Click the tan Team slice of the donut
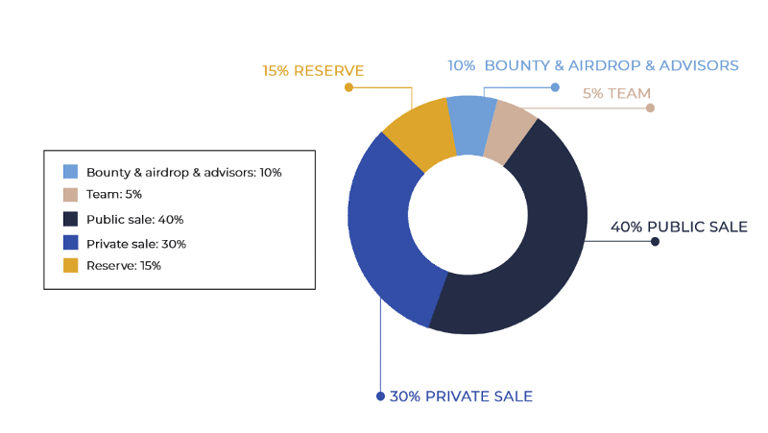(510, 132)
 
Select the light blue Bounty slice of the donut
(471, 126)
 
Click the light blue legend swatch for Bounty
(70, 172)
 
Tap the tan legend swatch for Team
(70, 195)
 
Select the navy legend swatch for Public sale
(70, 219)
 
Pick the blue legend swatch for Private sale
(70, 243)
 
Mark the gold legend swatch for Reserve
(70, 265)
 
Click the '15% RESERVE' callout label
(313, 71)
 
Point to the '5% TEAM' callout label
(616, 93)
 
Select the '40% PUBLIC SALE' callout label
(679, 227)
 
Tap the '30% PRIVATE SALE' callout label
(461, 397)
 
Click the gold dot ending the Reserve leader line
(348, 87)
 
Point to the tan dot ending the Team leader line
(650, 108)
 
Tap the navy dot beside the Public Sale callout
(655, 242)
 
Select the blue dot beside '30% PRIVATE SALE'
(380, 397)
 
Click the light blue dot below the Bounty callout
(555, 87)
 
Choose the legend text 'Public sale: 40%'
(134, 220)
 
